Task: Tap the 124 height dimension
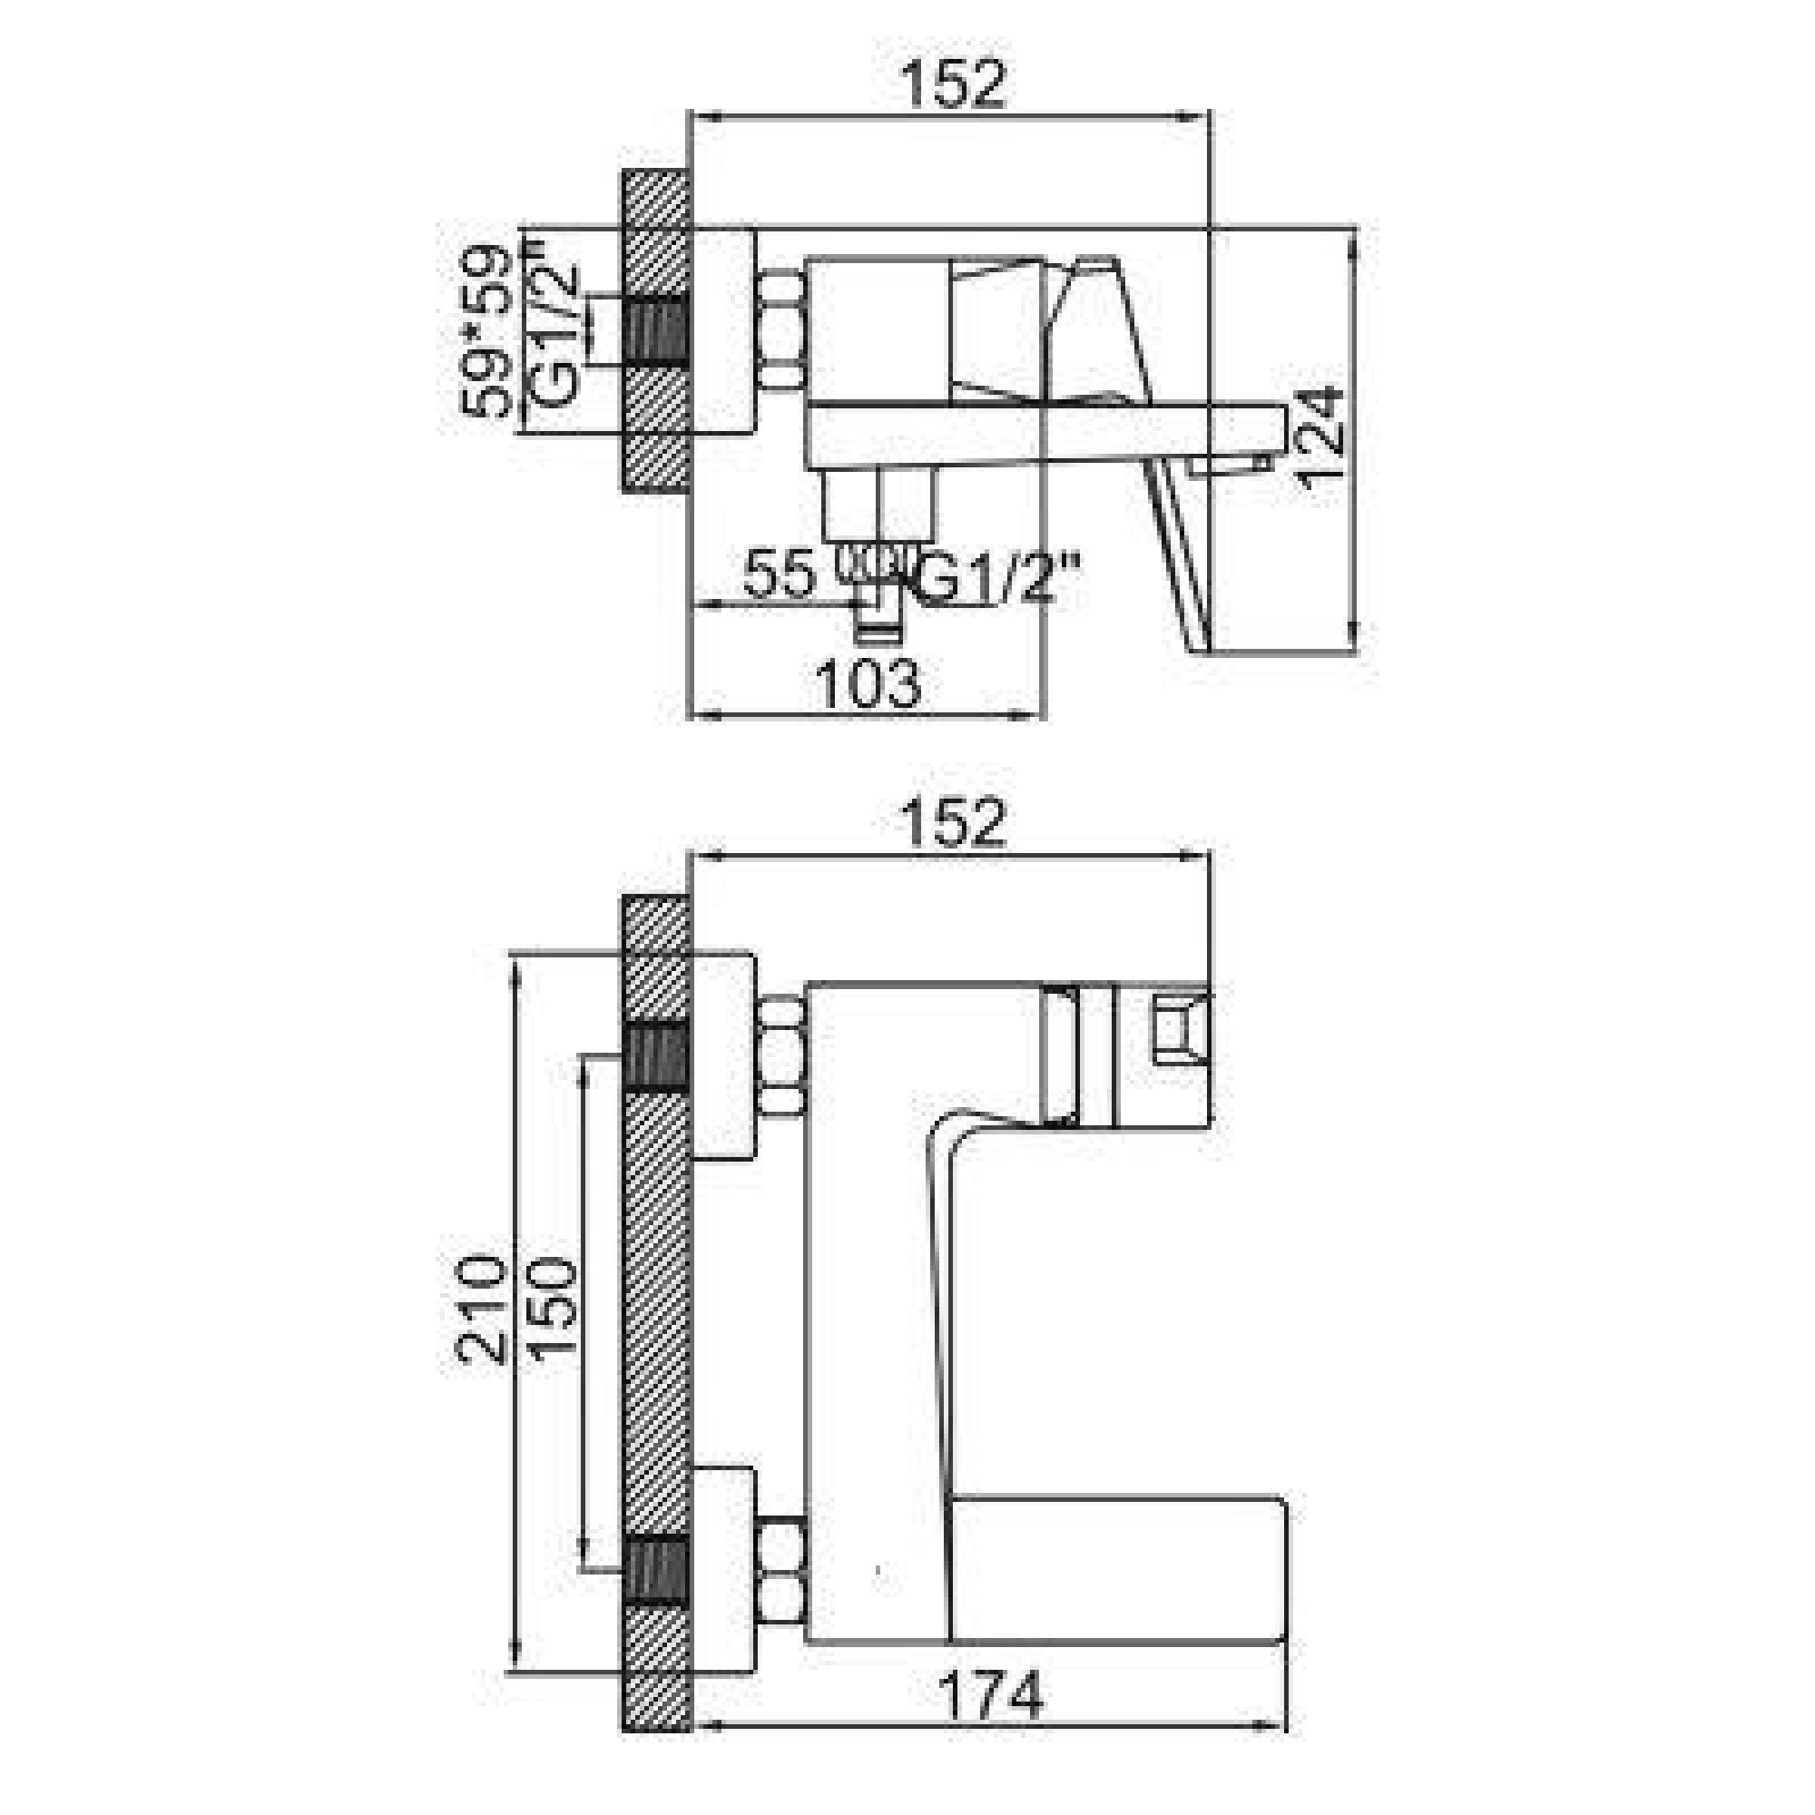pos(1324,437)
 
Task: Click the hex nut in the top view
pos(781,329)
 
